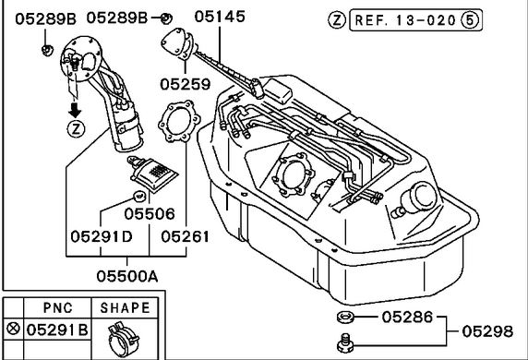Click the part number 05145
(220, 17)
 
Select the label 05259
(186, 84)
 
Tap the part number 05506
(150, 214)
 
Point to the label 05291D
(102, 236)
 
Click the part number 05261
(185, 236)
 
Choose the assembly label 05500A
(127, 277)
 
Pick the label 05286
(407, 318)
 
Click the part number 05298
(487, 331)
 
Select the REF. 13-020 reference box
(416, 20)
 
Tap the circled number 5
(470, 20)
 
